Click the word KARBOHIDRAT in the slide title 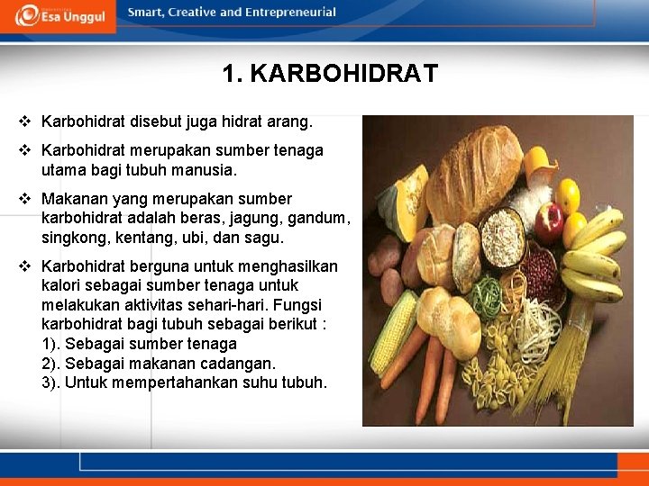tap(343, 74)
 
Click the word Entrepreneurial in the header tap(289, 13)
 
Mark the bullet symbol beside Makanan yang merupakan tap(24, 198)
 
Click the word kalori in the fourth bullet tap(62, 286)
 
